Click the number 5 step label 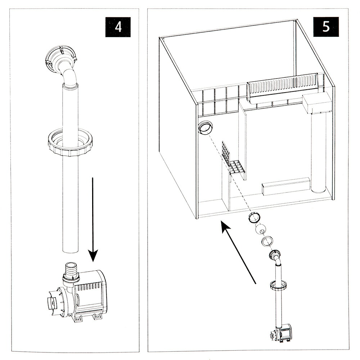326,27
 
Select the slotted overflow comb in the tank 284,84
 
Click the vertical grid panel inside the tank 226,153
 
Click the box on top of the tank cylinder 317,103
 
